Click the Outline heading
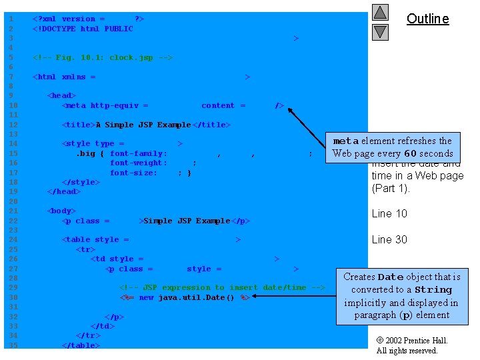[x=427, y=19]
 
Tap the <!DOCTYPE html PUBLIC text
[x=83, y=29]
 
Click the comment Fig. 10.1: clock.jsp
[x=103, y=57]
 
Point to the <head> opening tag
[x=61, y=95]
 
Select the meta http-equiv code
[x=105, y=105]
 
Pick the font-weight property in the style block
[x=139, y=163]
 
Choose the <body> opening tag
[x=61, y=211]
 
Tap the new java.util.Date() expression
[x=195, y=297]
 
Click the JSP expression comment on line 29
[x=222, y=287]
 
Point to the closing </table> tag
[x=81, y=345]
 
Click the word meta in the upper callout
[x=346, y=141]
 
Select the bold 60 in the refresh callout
[x=411, y=153]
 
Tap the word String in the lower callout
[x=433, y=290]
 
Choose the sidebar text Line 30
[x=389, y=239]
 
